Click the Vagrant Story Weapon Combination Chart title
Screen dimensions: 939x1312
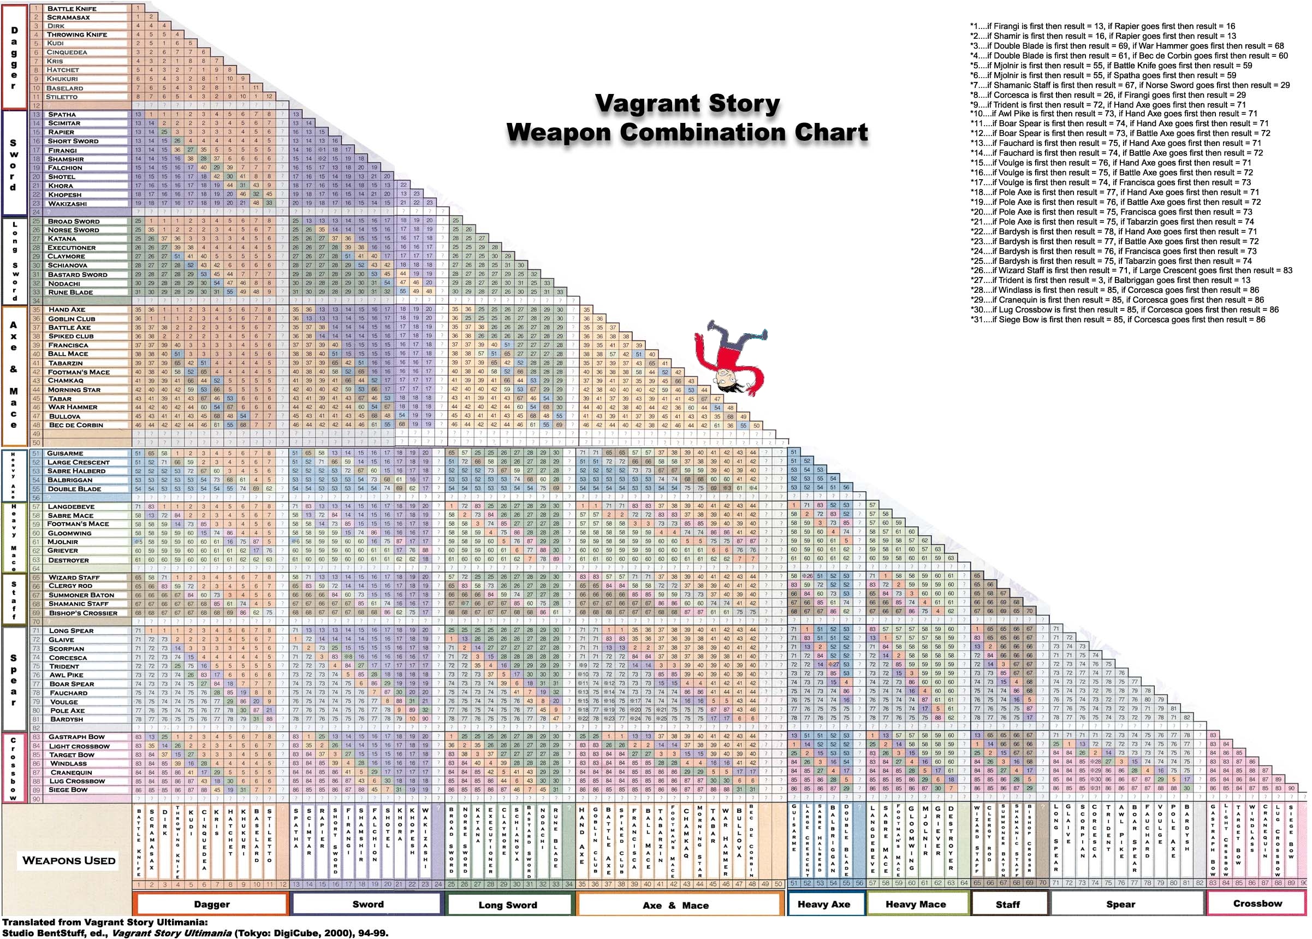687,119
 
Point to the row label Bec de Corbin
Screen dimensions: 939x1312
76,425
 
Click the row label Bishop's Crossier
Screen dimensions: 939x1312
82,613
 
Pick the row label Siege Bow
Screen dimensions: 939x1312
68,789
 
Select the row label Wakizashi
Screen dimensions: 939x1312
67,204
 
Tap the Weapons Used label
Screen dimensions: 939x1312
69,860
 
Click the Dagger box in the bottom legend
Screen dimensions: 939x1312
211,904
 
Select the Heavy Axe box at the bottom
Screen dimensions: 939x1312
823,904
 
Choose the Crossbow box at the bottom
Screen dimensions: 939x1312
1257,903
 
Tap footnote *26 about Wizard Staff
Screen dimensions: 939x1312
1131,270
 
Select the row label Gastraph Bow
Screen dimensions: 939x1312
76,737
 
